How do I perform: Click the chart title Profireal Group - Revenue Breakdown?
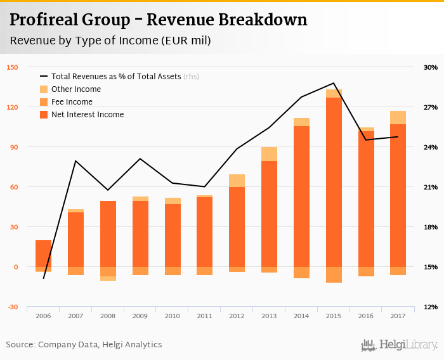click(159, 20)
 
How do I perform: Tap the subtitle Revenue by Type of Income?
click(110, 41)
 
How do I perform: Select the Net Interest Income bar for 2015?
click(334, 184)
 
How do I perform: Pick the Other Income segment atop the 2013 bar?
click(270, 154)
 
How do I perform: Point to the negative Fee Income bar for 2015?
click(334, 274)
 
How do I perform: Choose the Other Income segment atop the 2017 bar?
click(398, 117)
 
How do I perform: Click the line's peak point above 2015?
click(334, 83)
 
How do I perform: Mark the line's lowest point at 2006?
click(43, 278)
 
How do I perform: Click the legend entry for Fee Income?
click(71, 102)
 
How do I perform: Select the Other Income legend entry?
click(75, 89)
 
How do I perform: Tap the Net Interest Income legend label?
click(88, 115)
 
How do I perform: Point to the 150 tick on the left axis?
click(13, 67)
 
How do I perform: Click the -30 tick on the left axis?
click(13, 307)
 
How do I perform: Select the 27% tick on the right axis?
click(431, 107)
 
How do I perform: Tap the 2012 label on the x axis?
click(237, 316)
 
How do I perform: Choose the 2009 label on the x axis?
click(140, 316)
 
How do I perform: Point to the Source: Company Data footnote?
click(84, 345)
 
